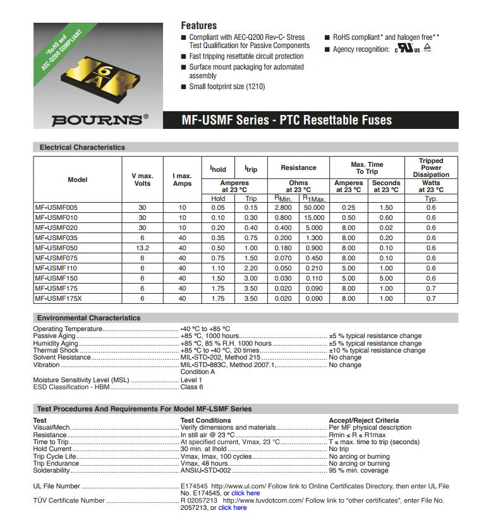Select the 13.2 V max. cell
pos(142,248)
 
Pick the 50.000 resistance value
pos(314,207)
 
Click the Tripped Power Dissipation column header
pos(431,167)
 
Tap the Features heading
pos(198,26)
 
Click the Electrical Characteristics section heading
pos(82,147)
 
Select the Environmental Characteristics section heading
pos(88,318)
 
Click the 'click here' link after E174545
pos(245,493)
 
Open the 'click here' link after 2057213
pos(233,507)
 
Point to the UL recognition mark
pos(408,49)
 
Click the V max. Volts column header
pos(142,179)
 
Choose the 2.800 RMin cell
pos(283,207)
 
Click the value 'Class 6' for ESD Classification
pos(192,387)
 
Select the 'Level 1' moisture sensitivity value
pos(191,380)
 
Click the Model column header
pos(77,179)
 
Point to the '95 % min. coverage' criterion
pos(358,471)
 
